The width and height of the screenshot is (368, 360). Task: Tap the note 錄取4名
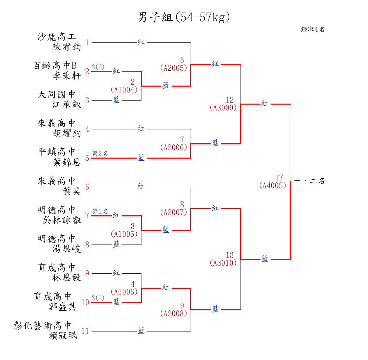[x=313, y=30]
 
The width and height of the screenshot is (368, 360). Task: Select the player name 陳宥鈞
[x=67, y=47]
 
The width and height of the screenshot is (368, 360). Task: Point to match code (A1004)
[x=124, y=90]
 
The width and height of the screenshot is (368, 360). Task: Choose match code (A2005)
[x=174, y=68]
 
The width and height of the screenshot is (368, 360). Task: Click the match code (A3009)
[x=223, y=108]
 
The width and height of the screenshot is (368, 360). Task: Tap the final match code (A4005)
[x=273, y=186]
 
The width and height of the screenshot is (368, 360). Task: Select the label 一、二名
[x=309, y=181]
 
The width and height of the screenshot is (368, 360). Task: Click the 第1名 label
[x=100, y=211]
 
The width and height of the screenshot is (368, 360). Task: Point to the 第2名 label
[x=100, y=154]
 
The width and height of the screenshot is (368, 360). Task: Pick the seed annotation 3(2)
[x=98, y=67]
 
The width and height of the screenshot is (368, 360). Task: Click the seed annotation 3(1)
[x=98, y=298]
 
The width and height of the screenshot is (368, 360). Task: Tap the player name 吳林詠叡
[x=62, y=220]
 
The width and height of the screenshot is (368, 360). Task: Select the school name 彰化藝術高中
[x=43, y=326]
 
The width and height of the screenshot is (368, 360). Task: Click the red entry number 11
[x=85, y=331]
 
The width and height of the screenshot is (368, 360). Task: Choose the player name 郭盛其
[x=62, y=307]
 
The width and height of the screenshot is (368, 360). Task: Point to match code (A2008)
[x=174, y=314]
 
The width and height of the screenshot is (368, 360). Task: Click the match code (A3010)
[x=223, y=263]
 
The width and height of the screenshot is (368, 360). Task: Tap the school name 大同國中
[x=57, y=94]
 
